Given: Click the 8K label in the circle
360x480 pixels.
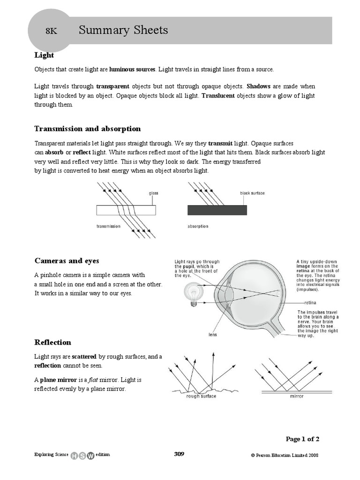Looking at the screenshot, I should pyautogui.click(x=51, y=31).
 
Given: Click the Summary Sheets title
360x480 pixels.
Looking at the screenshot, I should pyautogui.click(x=123, y=30).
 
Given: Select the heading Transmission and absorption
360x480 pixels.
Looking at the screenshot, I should pyautogui.click(x=88, y=129).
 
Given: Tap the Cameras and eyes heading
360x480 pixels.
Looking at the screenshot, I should pyautogui.click(x=67, y=261).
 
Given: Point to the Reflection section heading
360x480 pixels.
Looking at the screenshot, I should pyautogui.click(x=53, y=343).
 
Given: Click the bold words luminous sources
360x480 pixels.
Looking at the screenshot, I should pyautogui.click(x=132, y=69).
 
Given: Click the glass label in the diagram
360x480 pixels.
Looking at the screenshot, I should pyautogui.click(x=154, y=193).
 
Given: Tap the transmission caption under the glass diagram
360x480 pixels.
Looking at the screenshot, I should pyautogui.click(x=108, y=226).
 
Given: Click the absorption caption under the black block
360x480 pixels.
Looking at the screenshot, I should pyautogui.click(x=198, y=226).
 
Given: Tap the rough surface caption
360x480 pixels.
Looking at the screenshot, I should pyautogui.click(x=201, y=396).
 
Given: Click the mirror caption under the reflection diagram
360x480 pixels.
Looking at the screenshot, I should pyautogui.click(x=297, y=396).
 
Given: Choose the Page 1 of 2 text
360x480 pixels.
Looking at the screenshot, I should pyautogui.click(x=303, y=439).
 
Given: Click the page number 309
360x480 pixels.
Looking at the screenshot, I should pyautogui.click(x=179, y=454).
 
